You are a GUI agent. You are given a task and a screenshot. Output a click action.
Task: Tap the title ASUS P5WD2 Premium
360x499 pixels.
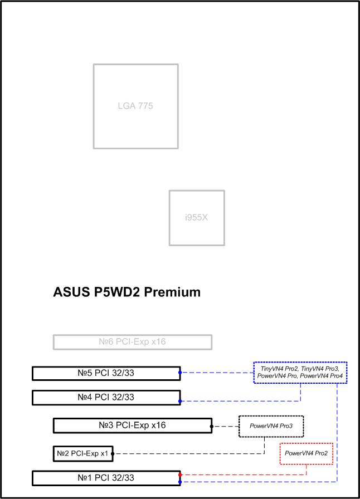127,292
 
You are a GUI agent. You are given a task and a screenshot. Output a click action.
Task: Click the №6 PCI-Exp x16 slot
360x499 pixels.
133,342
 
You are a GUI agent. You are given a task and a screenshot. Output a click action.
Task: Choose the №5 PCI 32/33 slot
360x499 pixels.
106,373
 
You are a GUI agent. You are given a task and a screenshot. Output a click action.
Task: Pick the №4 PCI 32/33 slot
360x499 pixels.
106,398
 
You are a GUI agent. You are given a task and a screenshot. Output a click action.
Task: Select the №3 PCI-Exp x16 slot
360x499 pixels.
133,425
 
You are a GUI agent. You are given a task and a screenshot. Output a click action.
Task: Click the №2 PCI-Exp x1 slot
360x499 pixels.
83,453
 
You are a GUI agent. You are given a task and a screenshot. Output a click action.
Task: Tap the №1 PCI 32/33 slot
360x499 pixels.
106,478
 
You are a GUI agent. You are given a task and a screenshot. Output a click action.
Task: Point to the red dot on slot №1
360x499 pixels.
180,474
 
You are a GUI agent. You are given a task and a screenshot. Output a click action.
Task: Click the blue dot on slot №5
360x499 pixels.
180,373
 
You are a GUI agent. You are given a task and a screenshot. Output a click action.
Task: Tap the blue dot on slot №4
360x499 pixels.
180,402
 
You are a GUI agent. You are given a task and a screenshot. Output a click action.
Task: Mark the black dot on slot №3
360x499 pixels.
212,426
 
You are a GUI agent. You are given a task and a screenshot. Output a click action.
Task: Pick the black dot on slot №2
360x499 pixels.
113,453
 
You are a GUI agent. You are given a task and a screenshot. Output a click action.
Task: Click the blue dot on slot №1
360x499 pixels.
180,482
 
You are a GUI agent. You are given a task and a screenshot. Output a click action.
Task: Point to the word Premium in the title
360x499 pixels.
172,292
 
